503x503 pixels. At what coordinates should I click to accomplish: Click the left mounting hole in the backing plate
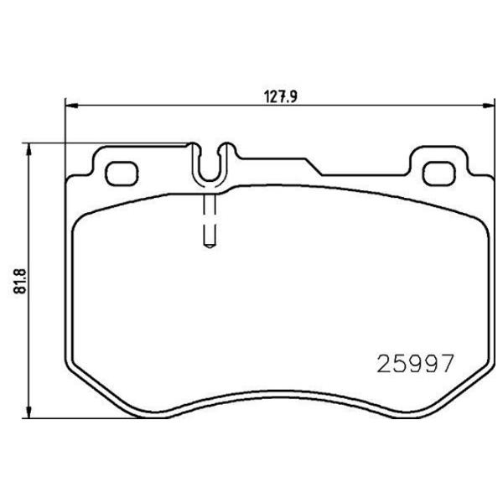(x=123, y=173)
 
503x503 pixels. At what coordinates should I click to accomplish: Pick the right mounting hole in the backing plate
(x=436, y=173)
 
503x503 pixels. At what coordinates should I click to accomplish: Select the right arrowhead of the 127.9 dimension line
(x=487, y=106)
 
